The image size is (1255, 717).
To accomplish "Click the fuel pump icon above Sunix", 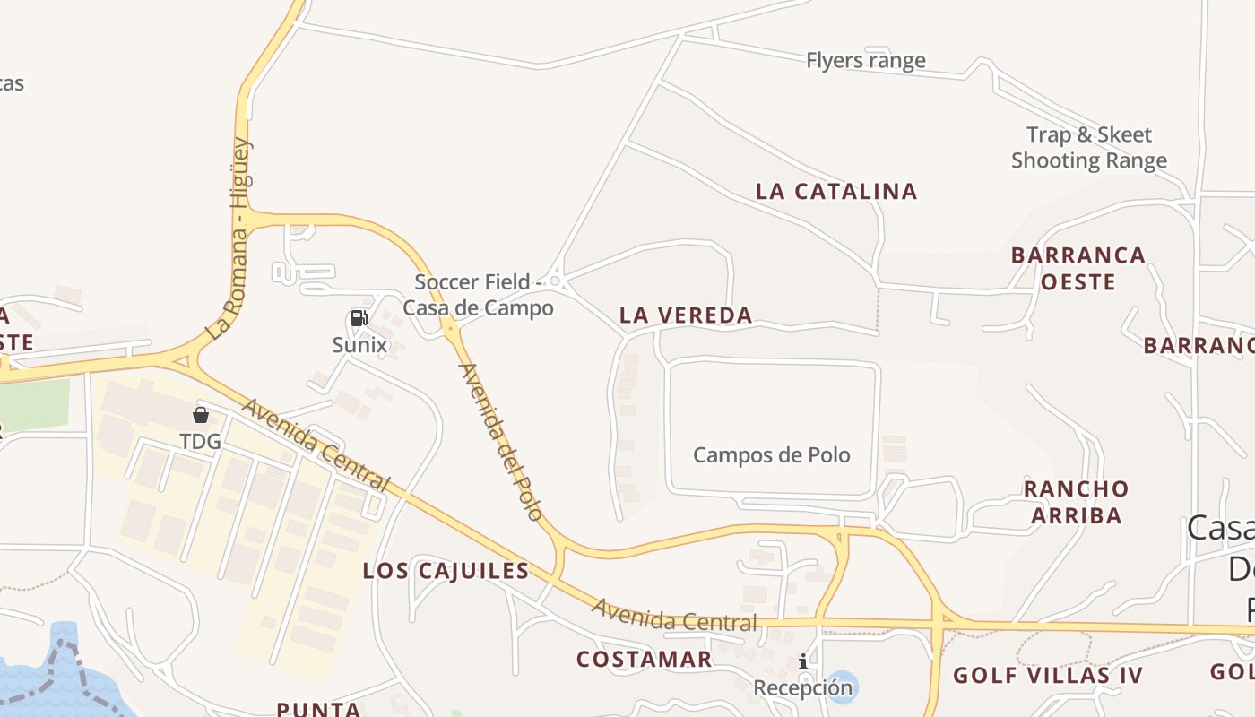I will [x=359, y=318].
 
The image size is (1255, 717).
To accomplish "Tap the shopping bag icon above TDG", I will [x=200, y=415].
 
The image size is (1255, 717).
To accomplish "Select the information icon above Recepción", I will [x=803, y=661].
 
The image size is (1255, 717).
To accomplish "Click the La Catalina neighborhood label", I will [x=836, y=191].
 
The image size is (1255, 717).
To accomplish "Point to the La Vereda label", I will [x=686, y=315].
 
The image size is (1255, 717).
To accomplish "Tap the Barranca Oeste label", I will [x=1078, y=268].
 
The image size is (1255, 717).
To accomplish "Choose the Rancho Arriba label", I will [x=1076, y=502].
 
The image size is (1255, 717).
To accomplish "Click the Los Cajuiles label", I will [x=446, y=571].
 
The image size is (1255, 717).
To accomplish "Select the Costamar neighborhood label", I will [x=644, y=660].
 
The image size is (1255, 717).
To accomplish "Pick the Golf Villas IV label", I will [x=1048, y=675].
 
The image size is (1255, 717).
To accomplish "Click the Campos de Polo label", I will [x=771, y=454].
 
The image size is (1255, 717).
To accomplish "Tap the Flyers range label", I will [x=865, y=61].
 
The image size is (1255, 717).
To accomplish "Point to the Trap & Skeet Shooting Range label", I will [x=1089, y=148].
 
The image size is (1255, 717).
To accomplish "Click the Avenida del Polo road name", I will [x=501, y=440].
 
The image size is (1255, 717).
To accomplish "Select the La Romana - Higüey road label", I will [x=229, y=239].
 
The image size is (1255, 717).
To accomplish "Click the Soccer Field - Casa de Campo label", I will [x=478, y=295].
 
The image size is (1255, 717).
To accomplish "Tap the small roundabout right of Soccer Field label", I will [x=555, y=281].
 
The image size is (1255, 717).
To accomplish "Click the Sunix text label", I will [x=359, y=345].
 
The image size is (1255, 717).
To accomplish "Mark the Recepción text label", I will [x=802, y=687].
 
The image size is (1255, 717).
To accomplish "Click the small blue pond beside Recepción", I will [x=842, y=686].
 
